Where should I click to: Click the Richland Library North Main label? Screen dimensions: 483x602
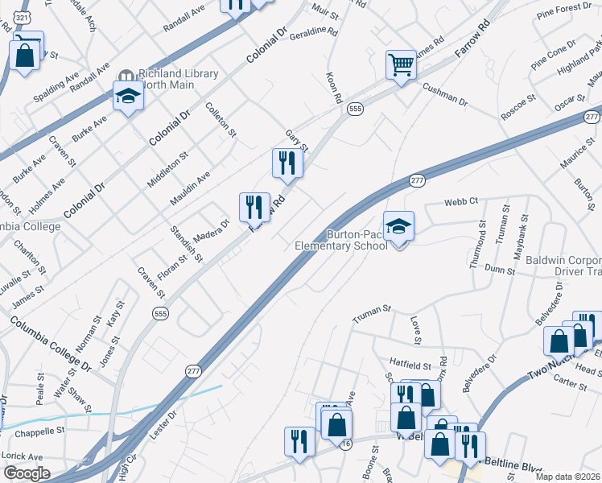click(178, 79)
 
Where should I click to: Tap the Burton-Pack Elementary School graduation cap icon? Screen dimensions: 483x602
click(398, 228)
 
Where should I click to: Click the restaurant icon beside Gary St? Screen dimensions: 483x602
click(287, 163)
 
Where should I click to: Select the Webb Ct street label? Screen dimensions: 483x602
click(461, 200)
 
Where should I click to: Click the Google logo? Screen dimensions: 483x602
click(26, 473)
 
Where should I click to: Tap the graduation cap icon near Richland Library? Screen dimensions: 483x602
click(127, 97)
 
